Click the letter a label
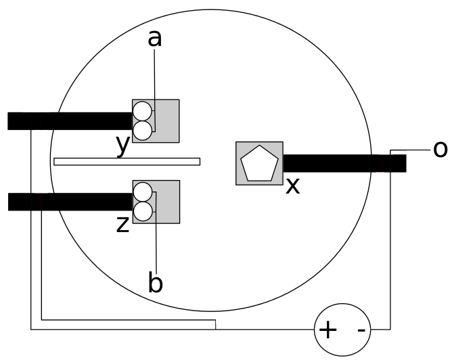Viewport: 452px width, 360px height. tap(155, 39)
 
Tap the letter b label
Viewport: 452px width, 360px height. tap(155, 283)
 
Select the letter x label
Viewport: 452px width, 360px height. tap(292, 185)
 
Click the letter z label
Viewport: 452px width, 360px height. tap(122, 224)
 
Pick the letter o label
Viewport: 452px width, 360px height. tap(440, 149)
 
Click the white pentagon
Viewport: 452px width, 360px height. tap(259, 164)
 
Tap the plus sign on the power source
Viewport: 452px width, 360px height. tap(327, 330)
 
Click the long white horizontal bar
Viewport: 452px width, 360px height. tap(127, 161)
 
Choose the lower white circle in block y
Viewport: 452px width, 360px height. tap(142, 129)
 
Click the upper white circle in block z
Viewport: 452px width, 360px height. tap(142, 192)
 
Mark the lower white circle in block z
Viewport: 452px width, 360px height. tap(142, 210)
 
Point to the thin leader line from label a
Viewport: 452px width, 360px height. tap(155, 81)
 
